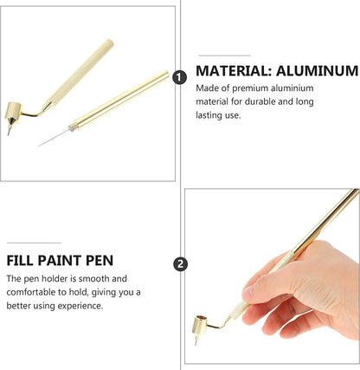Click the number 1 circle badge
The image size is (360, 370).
click(x=179, y=77)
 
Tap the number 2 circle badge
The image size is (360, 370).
click(x=180, y=264)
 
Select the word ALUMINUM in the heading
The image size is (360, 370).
click(x=317, y=71)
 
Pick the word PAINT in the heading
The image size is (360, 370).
click(x=60, y=261)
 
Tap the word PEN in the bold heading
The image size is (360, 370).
click(x=100, y=261)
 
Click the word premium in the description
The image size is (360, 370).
click(x=250, y=88)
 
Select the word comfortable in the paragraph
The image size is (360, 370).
click(x=31, y=292)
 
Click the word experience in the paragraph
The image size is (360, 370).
click(x=80, y=306)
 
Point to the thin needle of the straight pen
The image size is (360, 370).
click(x=54, y=137)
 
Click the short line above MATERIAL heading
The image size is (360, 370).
click(x=224, y=55)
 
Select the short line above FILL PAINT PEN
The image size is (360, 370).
click(x=34, y=243)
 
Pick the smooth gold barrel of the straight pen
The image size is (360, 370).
click(x=121, y=99)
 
